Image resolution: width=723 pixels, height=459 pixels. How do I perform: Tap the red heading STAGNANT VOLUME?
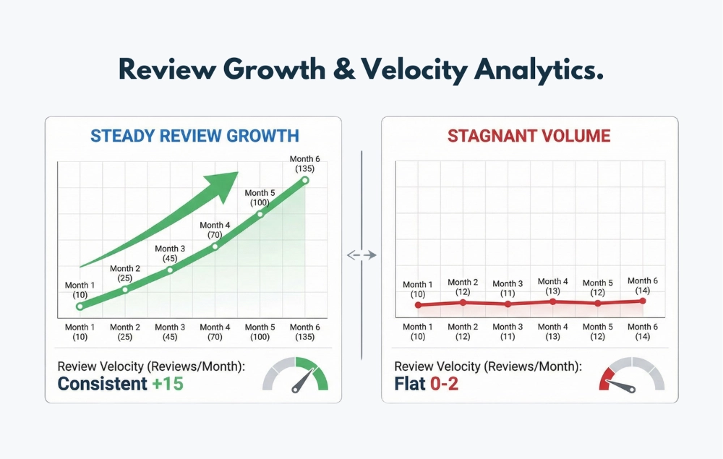[x=529, y=136]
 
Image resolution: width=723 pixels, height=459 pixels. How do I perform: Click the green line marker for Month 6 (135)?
[x=305, y=180]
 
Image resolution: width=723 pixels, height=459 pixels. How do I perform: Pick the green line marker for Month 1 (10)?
[x=80, y=306]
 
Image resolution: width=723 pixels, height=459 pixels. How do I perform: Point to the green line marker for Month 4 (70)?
[x=215, y=246]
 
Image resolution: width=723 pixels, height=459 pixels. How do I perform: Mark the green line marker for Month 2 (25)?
[x=124, y=289]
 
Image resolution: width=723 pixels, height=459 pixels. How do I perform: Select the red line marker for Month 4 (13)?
[x=553, y=301]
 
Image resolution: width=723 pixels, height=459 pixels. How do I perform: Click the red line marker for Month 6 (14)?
[x=643, y=301]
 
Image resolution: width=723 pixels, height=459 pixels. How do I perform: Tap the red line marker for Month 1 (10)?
[x=418, y=305]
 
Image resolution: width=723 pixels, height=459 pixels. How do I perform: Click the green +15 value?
[x=168, y=383]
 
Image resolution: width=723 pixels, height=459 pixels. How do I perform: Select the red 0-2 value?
[x=444, y=383]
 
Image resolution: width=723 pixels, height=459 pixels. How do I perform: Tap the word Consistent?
[x=102, y=383]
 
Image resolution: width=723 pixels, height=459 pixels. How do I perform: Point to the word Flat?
[x=410, y=383]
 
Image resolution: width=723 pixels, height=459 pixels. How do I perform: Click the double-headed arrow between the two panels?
[x=361, y=254]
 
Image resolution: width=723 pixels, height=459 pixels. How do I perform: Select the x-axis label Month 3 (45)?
[x=169, y=332]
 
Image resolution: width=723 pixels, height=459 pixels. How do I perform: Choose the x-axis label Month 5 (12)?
[x=598, y=332]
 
